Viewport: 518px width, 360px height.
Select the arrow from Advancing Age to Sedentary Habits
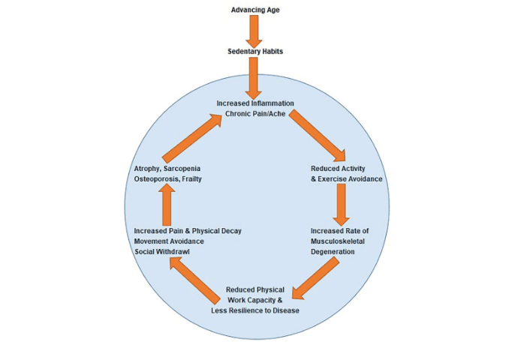point(254,30)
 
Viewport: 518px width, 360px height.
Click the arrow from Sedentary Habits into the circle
point(254,75)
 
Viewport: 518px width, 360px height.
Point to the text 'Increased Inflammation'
point(255,103)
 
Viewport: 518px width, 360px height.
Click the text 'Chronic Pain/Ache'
point(255,115)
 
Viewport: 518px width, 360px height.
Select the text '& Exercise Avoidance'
point(346,179)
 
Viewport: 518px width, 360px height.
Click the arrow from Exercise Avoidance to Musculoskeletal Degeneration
point(342,203)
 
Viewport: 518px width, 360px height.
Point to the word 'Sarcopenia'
point(180,167)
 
